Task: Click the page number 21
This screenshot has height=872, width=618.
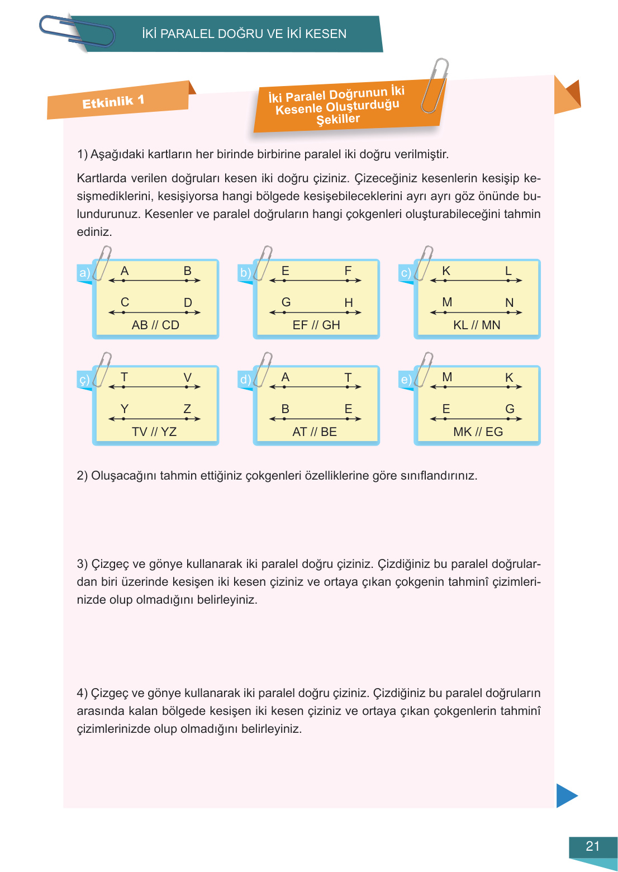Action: pos(592,846)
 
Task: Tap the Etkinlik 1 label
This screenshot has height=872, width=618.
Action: pos(113,102)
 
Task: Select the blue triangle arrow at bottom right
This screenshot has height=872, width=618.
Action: pos(566,795)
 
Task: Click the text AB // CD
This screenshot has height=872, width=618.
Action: pos(155,325)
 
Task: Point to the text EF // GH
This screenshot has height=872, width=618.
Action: pos(316,325)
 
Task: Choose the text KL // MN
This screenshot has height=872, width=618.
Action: pos(477,325)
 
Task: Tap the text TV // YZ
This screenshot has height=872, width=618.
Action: pos(154,432)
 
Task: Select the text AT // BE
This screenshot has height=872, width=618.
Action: pos(315,432)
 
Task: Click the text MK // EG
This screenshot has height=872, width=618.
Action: pos(478,432)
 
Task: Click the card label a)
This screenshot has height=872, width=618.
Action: pos(84,273)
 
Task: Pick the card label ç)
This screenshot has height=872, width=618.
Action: pos(84,380)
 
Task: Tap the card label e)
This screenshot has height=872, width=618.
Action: pos(406,380)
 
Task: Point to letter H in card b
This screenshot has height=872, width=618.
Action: pos(349,302)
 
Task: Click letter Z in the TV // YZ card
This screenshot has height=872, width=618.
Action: pos(187,409)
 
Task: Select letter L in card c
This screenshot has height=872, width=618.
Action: pos(508,271)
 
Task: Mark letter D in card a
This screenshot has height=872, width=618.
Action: pos(188,302)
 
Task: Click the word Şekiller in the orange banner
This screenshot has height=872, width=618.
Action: pos(338,119)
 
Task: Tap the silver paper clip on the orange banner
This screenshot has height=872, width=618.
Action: pos(435,86)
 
